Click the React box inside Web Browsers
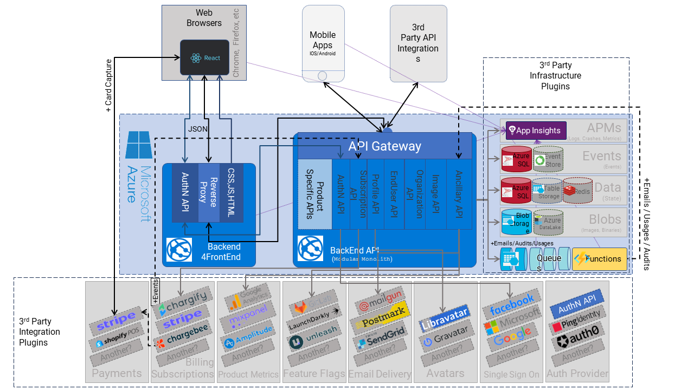click(x=204, y=57)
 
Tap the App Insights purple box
click(x=536, y=131)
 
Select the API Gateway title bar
click(x=384, y=146)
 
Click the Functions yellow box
click(x=599, y=259)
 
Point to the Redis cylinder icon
click(x=578, y=190)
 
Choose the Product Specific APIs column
click(x=314, y=194)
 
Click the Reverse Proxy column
click(x=209, y=192)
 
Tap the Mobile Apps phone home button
click(x=323, y=76)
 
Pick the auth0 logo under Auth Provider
click(x=577, y=342)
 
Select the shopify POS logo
click(x=117, y=341)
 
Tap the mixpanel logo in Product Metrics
click(x=248, y=323)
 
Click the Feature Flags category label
click(x=314, y=374)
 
